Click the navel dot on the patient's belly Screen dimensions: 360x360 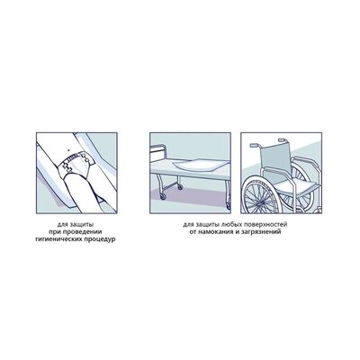69,149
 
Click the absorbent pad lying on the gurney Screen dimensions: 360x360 199,166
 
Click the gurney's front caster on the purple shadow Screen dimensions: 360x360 163,196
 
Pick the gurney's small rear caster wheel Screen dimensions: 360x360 180,187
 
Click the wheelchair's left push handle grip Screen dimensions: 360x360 254,146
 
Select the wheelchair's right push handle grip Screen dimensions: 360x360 283,139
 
